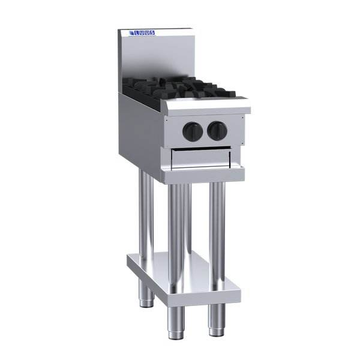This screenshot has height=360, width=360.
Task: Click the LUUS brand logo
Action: (x=142, y=33)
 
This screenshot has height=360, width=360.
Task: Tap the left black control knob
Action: (x=193, y=131)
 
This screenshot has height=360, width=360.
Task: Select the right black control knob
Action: (x=217, y=131)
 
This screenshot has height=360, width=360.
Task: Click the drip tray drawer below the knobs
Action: (x=201, y=158)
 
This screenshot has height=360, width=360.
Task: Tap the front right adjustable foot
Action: (x=216, y=320)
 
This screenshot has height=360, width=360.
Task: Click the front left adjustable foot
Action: (x=176, y=323)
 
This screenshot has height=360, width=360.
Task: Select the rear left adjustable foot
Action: (x=146, y=293)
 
